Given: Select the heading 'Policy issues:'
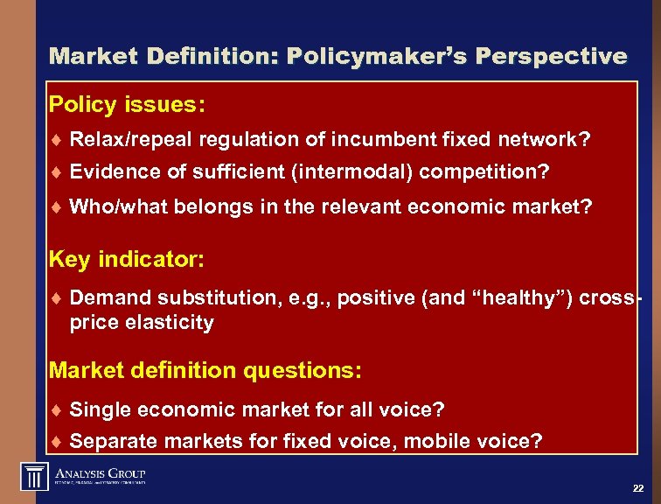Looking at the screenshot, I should coord(128,105).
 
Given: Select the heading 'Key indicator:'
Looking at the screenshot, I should coord(127,259).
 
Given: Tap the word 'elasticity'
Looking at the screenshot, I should coord(169,322).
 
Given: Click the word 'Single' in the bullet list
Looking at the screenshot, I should coord(97,409).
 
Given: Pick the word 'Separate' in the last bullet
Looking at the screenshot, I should coord(109,442).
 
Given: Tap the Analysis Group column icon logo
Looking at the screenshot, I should coord(34,477).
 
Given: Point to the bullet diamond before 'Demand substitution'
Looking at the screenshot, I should coord(55,298).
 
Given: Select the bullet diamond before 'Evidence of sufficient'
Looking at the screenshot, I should coord(55,173).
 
